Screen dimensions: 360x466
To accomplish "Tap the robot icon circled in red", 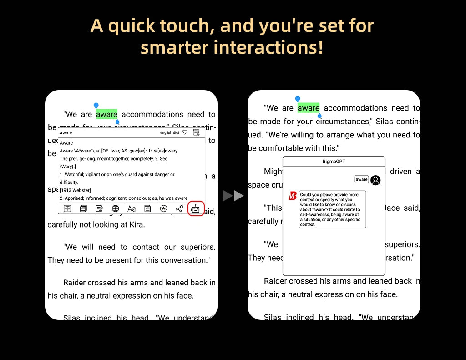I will (x=196, y=208).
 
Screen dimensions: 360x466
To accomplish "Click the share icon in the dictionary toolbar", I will (x=180, y=208).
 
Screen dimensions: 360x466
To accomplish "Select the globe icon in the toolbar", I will (x=116, y=208).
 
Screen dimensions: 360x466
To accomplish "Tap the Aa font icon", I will (x=132, y=208).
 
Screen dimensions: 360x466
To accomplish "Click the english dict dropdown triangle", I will (x=184, y=132).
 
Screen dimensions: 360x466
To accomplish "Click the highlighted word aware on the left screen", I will (x=106, y=114).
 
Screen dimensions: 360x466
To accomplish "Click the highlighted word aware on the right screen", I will (x=309, y=108).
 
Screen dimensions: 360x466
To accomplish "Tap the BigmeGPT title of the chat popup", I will (x=334, y=162).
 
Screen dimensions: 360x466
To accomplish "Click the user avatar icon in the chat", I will (x=375, y=180).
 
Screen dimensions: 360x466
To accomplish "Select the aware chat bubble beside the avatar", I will (x=361, y=179).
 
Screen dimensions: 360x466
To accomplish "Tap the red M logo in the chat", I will (x=293, y=196).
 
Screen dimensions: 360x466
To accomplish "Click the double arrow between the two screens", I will (x=234, y=196).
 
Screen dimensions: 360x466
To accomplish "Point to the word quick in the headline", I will (x=132, y=25).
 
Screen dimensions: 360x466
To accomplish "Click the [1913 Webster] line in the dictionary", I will (x=75, y=190).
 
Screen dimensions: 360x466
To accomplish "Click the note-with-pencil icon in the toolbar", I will (x=99, y=208).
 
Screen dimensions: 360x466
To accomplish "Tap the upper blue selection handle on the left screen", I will (x=96, y=106).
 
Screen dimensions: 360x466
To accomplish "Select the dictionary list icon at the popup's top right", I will (x=196, y=132).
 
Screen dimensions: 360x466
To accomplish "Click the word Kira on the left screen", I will (x=136, y=224).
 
